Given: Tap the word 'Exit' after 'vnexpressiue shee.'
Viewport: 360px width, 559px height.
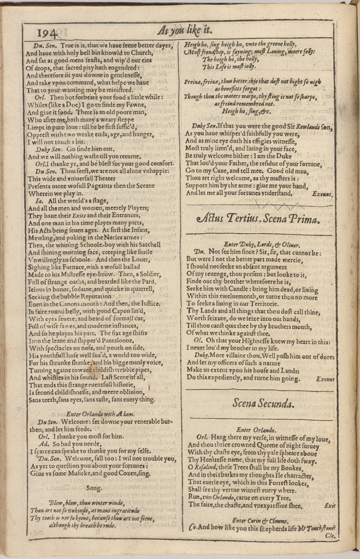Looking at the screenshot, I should tap(329, 506).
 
